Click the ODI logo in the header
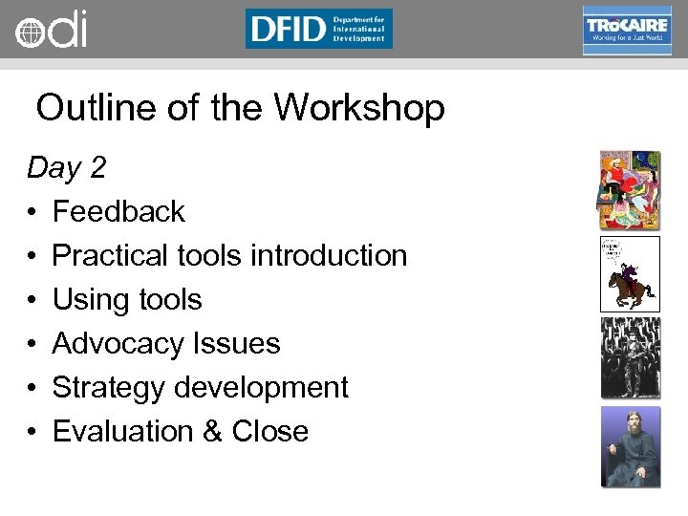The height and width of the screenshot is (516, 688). (x=51, y=30)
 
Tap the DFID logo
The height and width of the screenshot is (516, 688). (x=318, y=29)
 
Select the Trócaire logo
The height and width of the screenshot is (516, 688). (x=626, y=30)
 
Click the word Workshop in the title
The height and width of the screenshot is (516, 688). (x=359, y=108)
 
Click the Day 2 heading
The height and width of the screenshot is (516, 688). (x=66, y=168)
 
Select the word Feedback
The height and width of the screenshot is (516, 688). (x=118, y=211)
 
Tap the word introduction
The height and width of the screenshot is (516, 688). (x=329, y=255)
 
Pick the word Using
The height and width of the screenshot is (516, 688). (x=85, y=299)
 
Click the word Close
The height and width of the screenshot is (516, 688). (x=269, y=431)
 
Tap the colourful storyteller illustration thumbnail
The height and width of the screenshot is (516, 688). (x=630, y=189)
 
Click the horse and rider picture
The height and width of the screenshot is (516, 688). (x=630, y=273)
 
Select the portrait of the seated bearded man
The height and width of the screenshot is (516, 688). (x=630, y=447)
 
